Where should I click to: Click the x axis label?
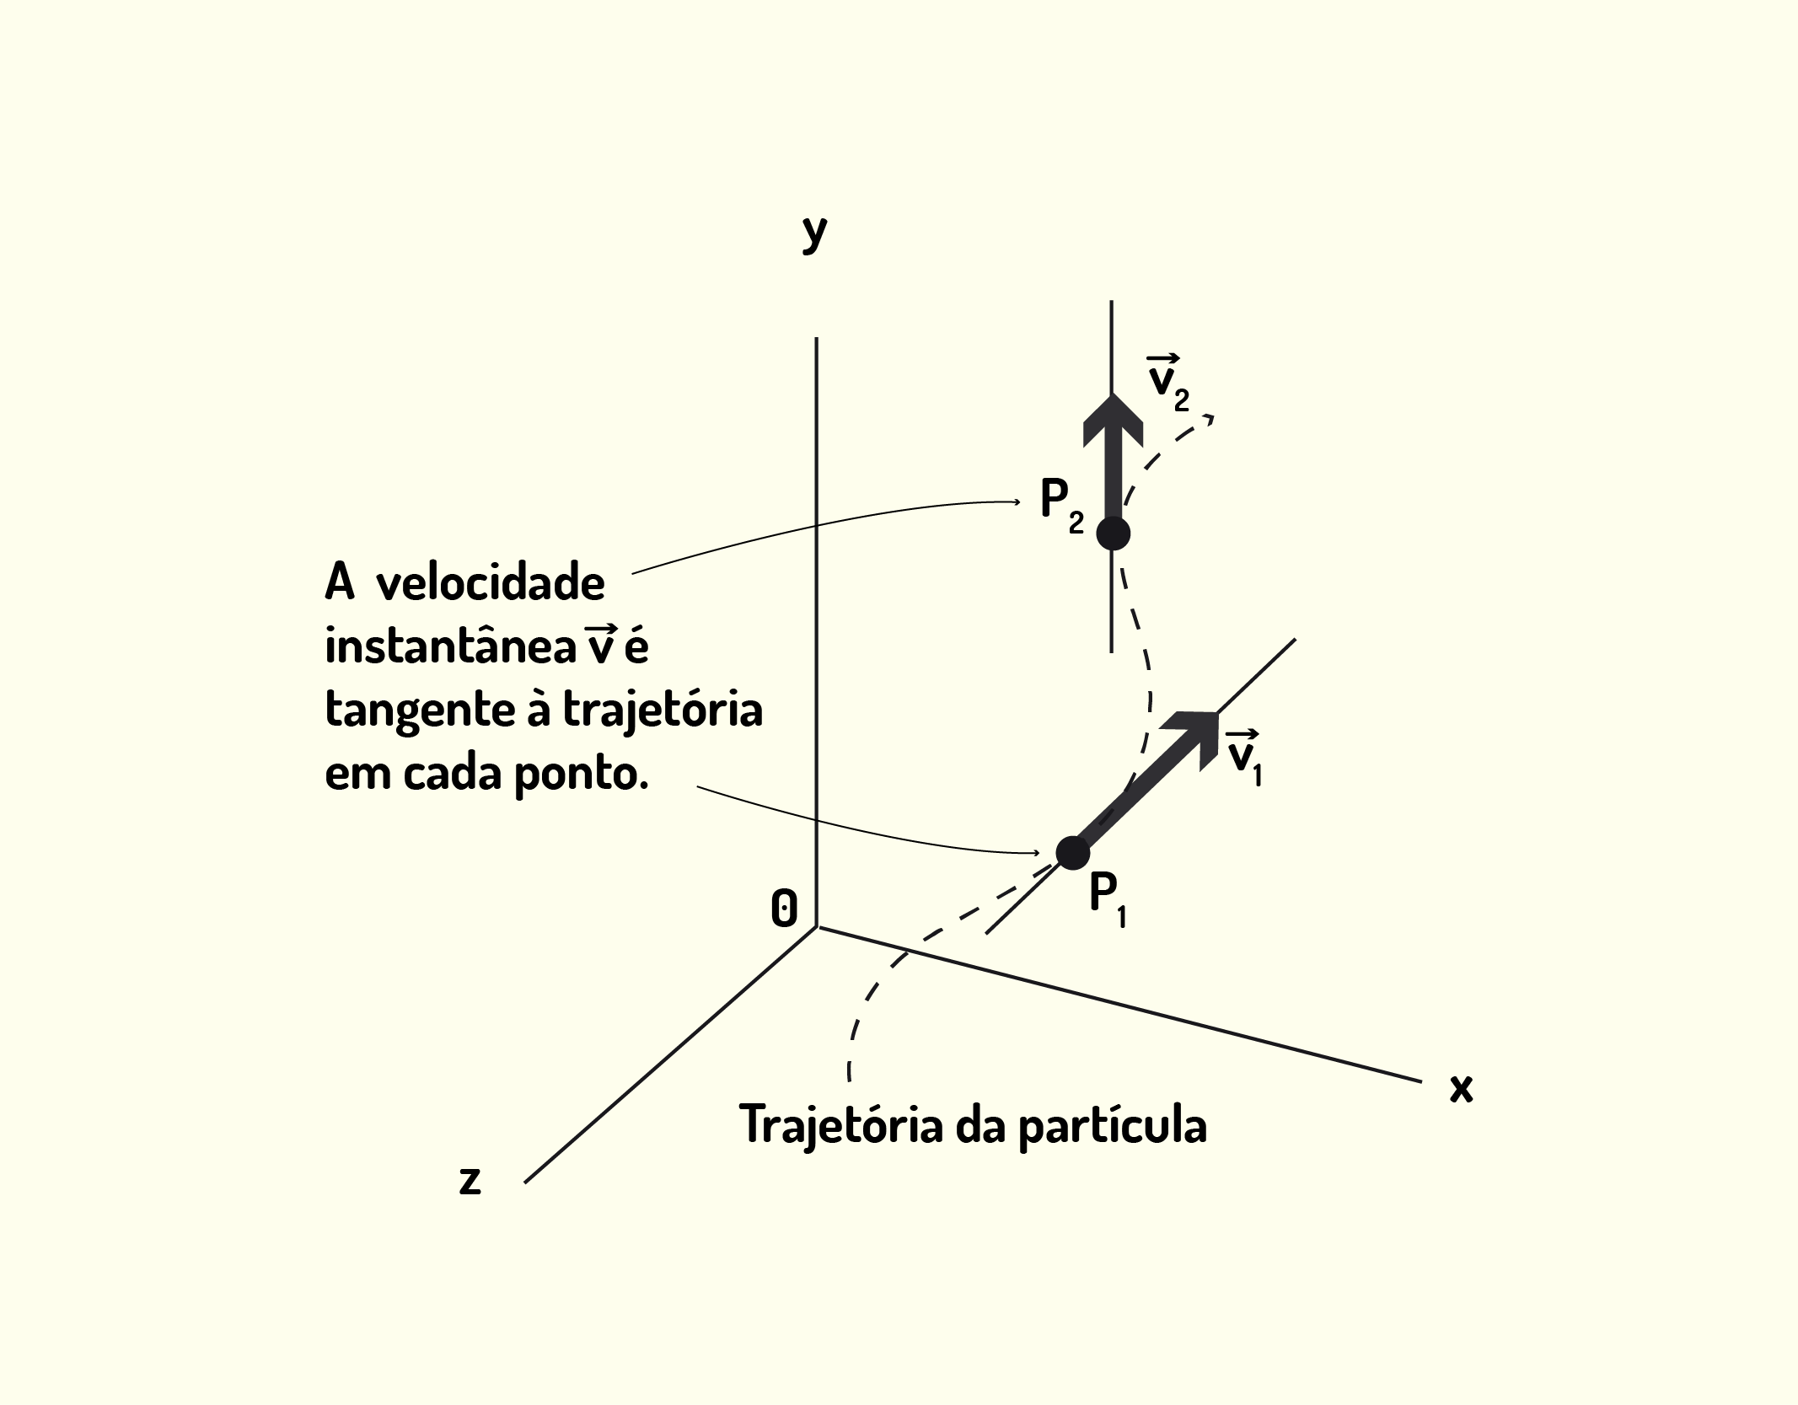pyautogui.click(x=1461, y=1088)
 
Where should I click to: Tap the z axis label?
pyautogui.click(x=470, y=1180)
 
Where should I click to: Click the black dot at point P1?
pyautogui.click(x=1072, y=853)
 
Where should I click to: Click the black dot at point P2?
pyautogui.click(x=1114, y=534)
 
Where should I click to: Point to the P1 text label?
pyautogui.click(x=1108, y=900)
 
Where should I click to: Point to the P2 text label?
pyautogui.click(x=1062, y=506)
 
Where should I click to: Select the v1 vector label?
pyautogui.click(x=1244, y=756)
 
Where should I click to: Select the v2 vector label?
pyautogui.click(x=1168, y=383)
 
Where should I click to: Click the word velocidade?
pyautogui.click(x=490, y=583)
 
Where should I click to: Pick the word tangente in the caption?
pyautogui.click(x=420, y=711)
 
